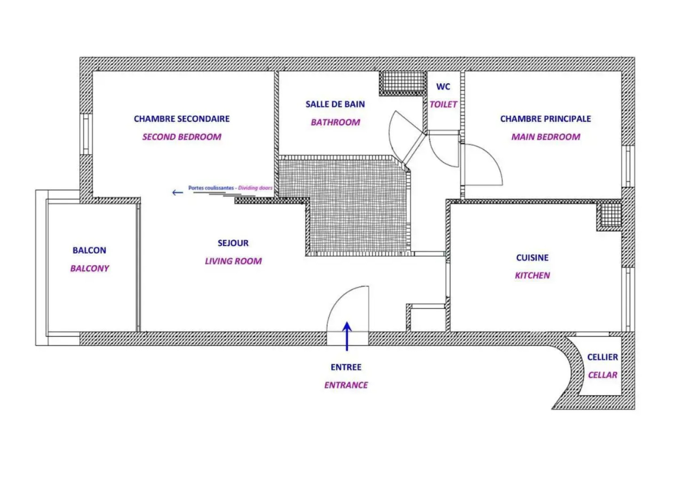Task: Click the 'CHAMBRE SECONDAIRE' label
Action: click(x=182, y=119)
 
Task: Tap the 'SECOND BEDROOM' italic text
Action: click(x=182, y=137)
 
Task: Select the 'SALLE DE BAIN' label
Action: click(x=335, y=104)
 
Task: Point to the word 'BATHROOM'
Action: click(x=335, y=123)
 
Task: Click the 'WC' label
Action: click(x=443, y=87)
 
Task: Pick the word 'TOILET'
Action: click(x=443, y=104)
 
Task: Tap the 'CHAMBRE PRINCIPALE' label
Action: click(x=545, y=119)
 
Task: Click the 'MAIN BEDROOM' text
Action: click(x=546, y=137)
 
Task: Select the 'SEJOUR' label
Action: click(x=233, y=243)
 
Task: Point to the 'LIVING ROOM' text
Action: click(x=233, y=261)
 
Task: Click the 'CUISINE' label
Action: click(x=532, y=258)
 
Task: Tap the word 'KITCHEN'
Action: click(x=532, y=275)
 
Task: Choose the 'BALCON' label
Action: click(x=89, y=250)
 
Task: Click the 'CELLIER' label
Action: click(x=603, y=357)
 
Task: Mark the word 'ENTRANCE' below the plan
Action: click(x=346, y=386)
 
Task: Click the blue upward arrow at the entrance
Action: click(x=347, y=336)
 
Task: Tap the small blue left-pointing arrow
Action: click(x=177, y=192)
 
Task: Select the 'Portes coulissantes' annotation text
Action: click(x=211, y=188)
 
